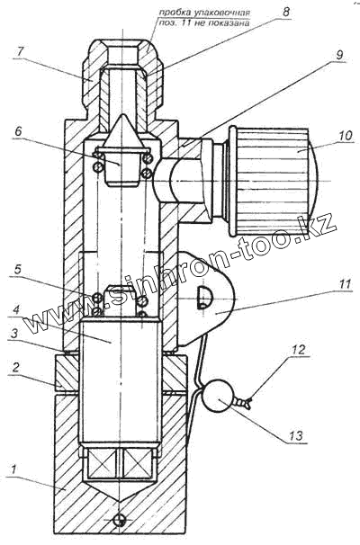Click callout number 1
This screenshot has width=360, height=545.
point(13,470)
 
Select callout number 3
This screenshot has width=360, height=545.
point(13,335)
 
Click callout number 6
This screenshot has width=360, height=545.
point(18,131)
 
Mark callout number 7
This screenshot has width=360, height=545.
point(20,52)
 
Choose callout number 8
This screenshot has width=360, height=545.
point(285,12)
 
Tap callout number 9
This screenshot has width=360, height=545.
point(339,55)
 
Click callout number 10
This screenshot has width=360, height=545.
point(345,135)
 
